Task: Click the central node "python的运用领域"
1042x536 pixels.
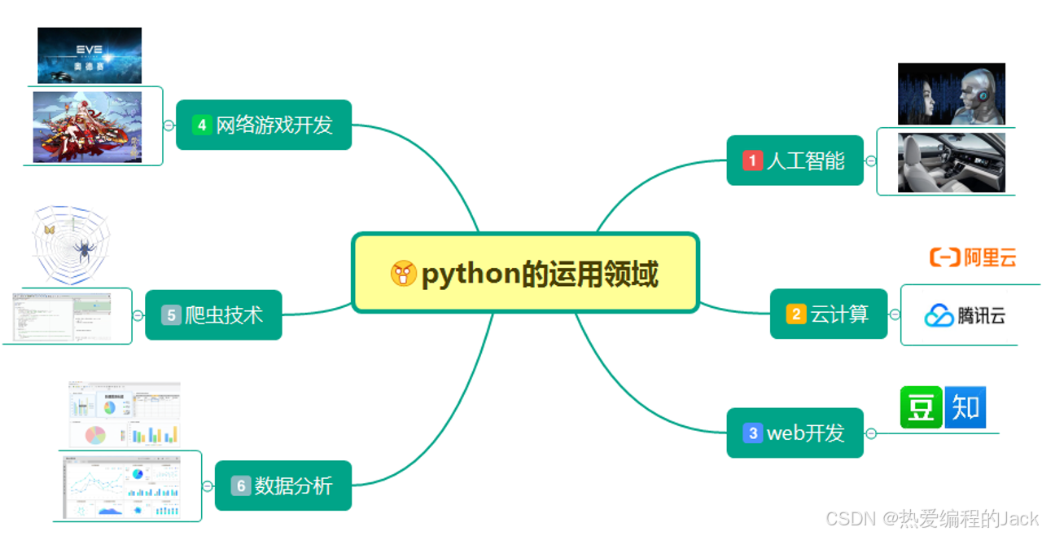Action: point(525,274)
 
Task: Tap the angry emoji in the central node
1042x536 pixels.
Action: point(404,274)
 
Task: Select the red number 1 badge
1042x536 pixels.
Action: point(752,160)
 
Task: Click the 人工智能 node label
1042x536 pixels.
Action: point(805,160)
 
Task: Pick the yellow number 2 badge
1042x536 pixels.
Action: point(796,314)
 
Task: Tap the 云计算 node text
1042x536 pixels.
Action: point(839,314)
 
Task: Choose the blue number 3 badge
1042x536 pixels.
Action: point(752,433)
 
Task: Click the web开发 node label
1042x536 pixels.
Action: point(805,433)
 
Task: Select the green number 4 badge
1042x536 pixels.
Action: point(202,125)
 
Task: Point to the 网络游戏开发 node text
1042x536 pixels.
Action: point(274,125)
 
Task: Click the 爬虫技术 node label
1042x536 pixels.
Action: point(224,314)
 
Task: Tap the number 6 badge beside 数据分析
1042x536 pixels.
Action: point(241,486)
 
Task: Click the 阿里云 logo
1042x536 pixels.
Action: point(973,258)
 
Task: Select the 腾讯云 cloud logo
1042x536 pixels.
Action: point(939,315)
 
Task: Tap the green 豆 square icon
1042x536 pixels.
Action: point(921,407)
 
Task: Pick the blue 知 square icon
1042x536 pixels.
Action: point(965,407)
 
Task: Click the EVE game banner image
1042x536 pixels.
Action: point(90,55)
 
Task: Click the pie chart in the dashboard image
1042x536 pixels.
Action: point(95,434)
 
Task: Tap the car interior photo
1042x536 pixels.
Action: point(951,163)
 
